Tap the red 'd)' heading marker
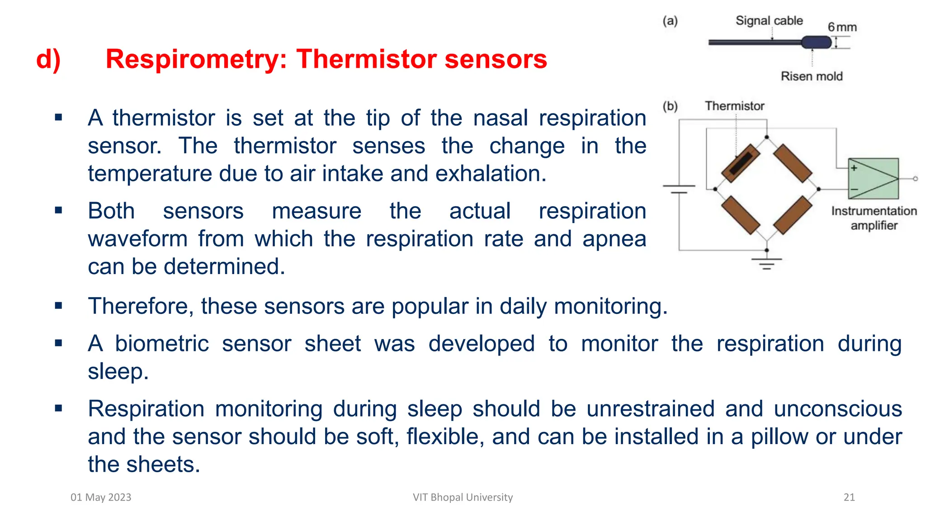coord(48,59)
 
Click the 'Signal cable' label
coord(769,21)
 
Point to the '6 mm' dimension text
coord(842,27)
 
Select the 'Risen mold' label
coord(812,76)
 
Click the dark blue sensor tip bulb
coord(816,43)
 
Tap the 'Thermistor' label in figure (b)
coord(734,106)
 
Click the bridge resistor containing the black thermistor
coord(741,163)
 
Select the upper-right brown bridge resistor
coord(793,163)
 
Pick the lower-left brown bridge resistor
coord(741,215)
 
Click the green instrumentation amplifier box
coord(873,179)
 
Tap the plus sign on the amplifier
coord(854,168)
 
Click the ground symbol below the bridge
coord(766,263)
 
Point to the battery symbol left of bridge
coord(679,189)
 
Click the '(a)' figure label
coord(670,21)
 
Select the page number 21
coord(849,497)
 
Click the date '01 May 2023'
coord(101,497)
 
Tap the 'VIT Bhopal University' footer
coord(463,497)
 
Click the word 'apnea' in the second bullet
coord(614,239)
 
